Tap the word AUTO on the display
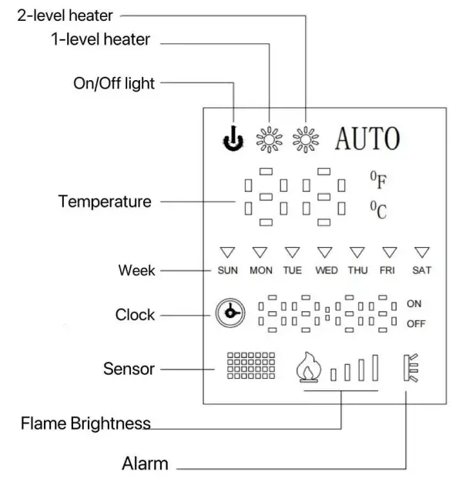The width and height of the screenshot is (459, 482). (367, 139)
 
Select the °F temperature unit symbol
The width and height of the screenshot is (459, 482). (378, 181)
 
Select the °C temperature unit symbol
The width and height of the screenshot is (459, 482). (378, 209)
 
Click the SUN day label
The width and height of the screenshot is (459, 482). (227, 270)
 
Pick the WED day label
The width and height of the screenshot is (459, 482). (326, 270)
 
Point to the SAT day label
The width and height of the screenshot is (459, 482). (421, 270)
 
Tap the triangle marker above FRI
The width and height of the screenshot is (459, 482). (389, 252)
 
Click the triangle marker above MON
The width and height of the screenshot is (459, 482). (260, 252)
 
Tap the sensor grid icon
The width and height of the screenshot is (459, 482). (250, 367)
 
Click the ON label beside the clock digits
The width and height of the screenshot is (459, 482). (414, 304)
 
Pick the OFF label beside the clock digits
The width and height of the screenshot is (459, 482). (416, 324)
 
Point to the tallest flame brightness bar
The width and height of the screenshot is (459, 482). (375, 367)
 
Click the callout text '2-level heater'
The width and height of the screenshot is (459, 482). (65, 14)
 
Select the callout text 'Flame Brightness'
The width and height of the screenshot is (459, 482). (85, 423)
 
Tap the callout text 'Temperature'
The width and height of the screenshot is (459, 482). (105, 202)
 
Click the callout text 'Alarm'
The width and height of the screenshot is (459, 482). (145, 464)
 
